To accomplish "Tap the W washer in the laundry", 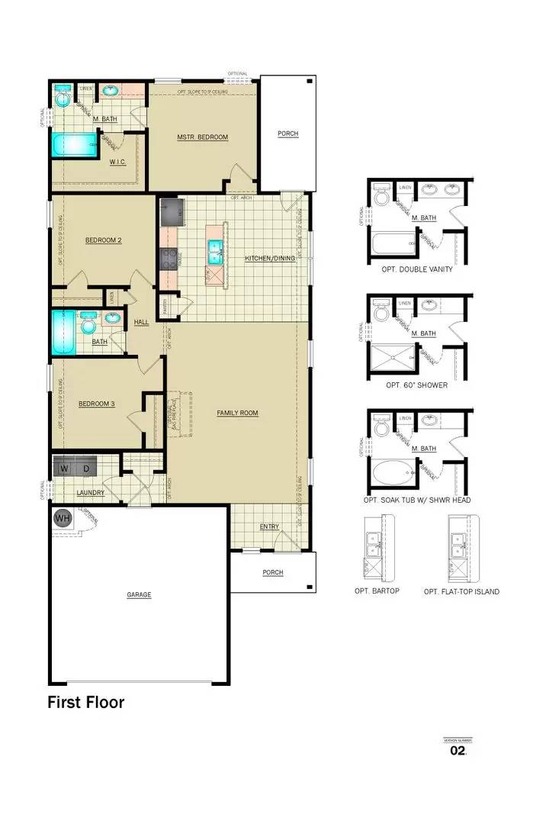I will pyautogui.click(x=65, y=467).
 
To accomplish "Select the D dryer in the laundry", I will pyautogui.click(x=86, y=467).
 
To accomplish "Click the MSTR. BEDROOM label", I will pyautogui.click(x=202, y=137).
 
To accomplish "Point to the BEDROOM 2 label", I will pyautogui.click(x=104, y=240).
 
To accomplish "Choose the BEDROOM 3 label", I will pyautogui.click(x=97, y=404).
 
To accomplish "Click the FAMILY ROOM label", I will pyautogui.click(x=237, y=413).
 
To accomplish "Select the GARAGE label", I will pyautogui.click(x=139, y=594).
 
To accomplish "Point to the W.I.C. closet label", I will pyautogui.click(x=117, y=162).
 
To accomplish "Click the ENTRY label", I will pyautogui.click(x=269, y=526).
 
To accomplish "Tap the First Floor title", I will pyautogui.click(x=85, y=702).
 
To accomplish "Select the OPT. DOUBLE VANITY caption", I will pyautogui.click(x=416, y=269).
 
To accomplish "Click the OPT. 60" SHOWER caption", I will pyautogui.click(x=416, y=385).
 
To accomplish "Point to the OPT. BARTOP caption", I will pyautogui.click(x=377, y=591).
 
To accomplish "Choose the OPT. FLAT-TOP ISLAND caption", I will pyautogui.click(x=461, y=591).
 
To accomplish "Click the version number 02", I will pyautogui.click(x=458, y=751).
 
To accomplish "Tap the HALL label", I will pyautogui.click(x=142, y=322).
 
